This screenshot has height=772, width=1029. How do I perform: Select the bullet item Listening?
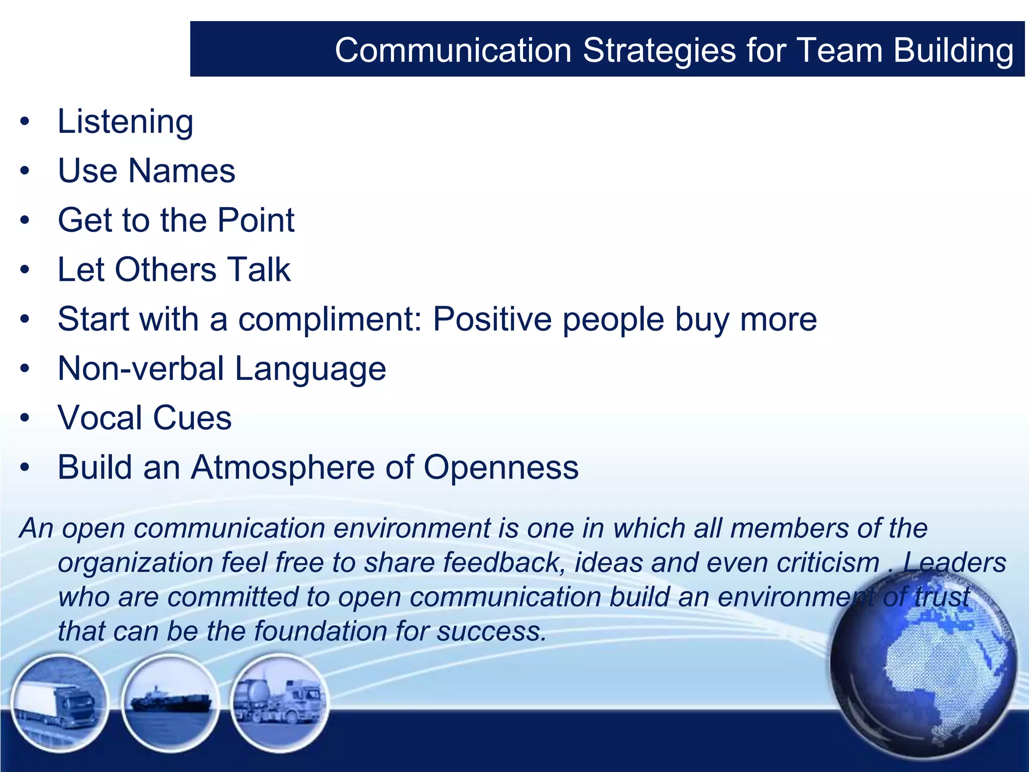coord(125,122)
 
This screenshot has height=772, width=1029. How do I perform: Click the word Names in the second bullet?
coord(181,171)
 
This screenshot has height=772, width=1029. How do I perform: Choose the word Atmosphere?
coord(282,467)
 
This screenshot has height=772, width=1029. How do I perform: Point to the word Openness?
coord(501,467)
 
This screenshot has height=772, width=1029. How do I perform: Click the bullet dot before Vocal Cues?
coord(25,419)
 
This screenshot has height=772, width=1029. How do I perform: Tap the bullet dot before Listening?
coord(25,122)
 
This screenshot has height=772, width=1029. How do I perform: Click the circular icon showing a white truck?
coord(59,703)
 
